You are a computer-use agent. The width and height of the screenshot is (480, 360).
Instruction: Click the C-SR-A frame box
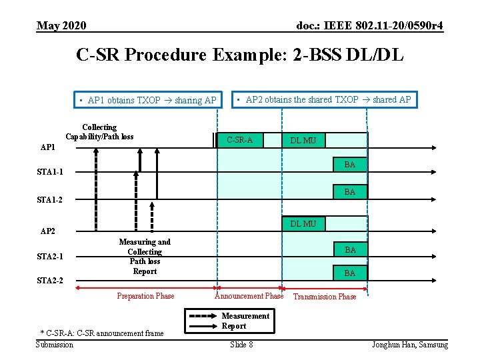coord(240,140)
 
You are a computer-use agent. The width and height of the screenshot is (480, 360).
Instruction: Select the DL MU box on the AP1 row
coord(303,140)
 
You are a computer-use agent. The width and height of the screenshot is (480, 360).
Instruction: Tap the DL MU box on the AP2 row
coord(303,224)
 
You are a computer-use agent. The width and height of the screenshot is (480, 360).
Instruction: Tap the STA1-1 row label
coord(51,173)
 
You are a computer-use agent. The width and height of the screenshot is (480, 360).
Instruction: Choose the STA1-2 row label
coord(51,199)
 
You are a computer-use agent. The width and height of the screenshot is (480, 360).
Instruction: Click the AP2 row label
coord(49,231)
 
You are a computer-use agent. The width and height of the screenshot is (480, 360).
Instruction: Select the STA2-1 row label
coord(51,257)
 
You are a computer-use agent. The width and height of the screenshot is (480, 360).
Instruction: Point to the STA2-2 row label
coord(51,281)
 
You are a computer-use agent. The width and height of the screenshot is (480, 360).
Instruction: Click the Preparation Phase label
coord(145,296)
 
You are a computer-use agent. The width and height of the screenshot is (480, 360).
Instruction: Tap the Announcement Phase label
coord(249,296)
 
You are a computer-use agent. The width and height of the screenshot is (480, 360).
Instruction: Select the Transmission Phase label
coord(325,297)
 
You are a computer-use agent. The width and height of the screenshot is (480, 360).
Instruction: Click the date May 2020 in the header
coord(61,26)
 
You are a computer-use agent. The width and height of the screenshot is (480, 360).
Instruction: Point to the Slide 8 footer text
coord(241,344)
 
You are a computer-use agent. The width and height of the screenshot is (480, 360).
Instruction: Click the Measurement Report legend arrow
coord(203,321)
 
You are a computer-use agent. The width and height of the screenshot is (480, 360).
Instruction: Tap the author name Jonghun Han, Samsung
coord(410,344)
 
